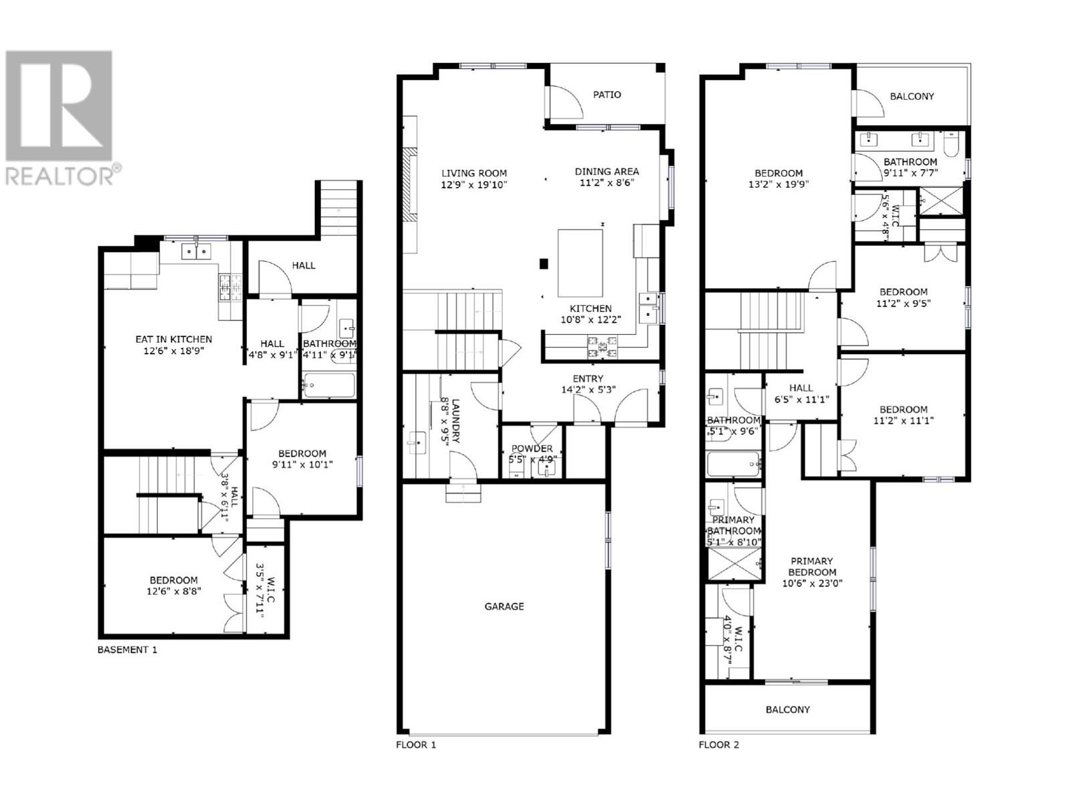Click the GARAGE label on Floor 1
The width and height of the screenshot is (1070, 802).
[x=504, y=607]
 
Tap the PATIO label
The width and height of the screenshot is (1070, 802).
[x=607, y=95]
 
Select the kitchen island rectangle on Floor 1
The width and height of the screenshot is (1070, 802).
[x=580, y=263]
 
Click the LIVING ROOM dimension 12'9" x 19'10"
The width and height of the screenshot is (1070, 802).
[x=474, y=184]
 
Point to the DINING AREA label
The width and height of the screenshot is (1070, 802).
[x=607, y=172]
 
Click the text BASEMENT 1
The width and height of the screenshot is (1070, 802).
[x=128, y=650]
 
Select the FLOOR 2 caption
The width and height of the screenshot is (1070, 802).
[x=719, y=745]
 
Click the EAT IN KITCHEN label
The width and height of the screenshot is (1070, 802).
[x=174, y=340]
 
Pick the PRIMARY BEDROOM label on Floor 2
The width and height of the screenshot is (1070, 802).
[x=812, y=567]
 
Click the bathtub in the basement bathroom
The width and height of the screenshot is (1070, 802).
[x=329, y=385]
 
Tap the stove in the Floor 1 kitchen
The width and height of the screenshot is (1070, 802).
[x=603, y=346]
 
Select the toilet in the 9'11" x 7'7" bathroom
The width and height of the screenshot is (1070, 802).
[x=951, y=143]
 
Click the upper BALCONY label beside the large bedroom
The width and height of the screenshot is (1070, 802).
[x=912, y=96]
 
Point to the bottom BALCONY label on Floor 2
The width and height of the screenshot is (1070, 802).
[x=788, y=710]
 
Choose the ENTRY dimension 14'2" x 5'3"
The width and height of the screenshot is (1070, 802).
[x=588, y=390]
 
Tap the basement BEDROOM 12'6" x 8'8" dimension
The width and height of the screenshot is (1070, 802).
[x=174, y=591]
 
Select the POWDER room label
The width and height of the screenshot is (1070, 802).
[x=532, y=448]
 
